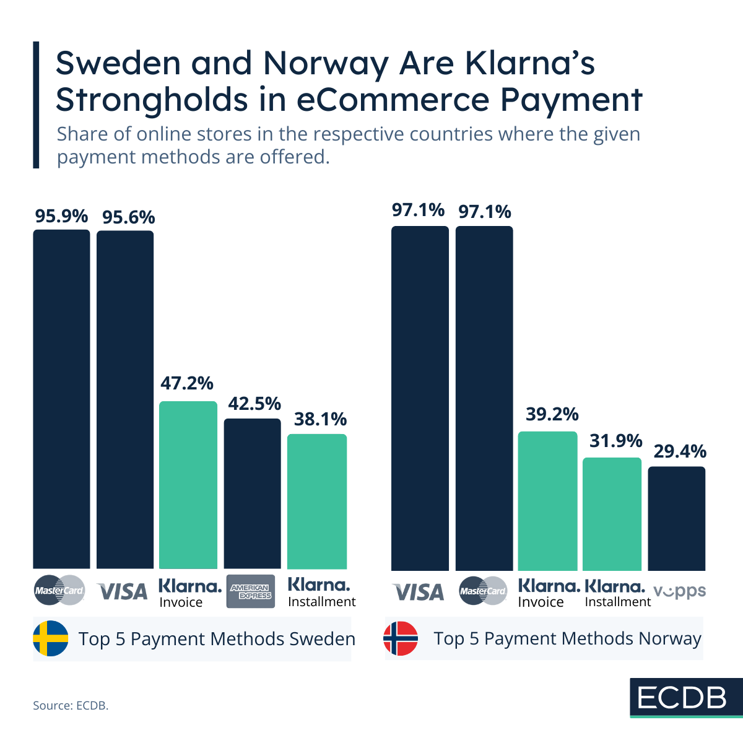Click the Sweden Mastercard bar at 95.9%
(61, 399)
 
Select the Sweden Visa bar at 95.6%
(125, 399)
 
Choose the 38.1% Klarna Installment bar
(317, 502)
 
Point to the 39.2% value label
(552, 414)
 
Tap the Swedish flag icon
(51, 638)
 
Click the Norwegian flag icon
(401, 638)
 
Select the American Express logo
(251, 591)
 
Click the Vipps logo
(679, 591)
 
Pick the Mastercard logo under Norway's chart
(483, 591)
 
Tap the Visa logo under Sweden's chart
(123, 592)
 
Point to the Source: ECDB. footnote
(71, 705)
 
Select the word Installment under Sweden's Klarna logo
(322, 602)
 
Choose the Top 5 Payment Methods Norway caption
(567, 638)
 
